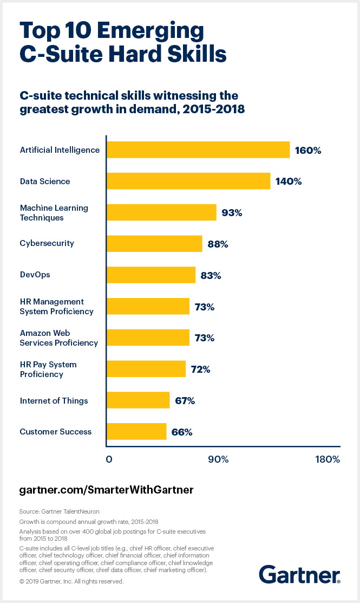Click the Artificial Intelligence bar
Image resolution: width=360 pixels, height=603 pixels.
(198, 150)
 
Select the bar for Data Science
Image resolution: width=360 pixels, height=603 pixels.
(188, 181)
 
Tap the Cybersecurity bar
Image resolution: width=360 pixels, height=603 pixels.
(154, 244)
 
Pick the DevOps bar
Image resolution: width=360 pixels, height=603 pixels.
(151, 275)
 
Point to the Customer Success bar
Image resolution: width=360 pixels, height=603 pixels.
(136, 432)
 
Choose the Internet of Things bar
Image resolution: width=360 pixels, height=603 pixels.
(138, 400)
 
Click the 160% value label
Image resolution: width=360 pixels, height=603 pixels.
(308, 150)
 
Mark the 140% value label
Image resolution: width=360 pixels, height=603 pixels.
(288, 181)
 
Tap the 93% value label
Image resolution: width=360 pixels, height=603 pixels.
(232, 213)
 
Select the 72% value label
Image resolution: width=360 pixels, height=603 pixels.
(200, 369)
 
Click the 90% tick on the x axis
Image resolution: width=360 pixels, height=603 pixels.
(218, 459)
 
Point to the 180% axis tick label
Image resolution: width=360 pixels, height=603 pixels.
(327, 459)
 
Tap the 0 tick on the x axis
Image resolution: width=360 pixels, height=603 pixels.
(109, 459)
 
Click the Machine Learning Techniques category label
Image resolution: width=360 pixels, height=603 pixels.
(54, 212)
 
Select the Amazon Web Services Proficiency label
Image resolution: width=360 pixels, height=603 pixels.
(58, 338)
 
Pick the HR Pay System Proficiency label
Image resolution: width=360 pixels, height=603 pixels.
(48, 369)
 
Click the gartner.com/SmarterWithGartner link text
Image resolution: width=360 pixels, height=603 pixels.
(106, 490)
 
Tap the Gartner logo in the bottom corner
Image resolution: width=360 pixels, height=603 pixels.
(299, 574)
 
